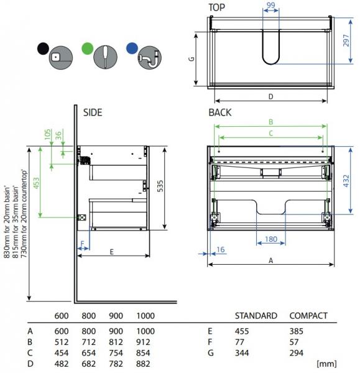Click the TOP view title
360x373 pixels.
[x=216, y=7]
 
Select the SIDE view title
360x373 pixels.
[x=93, y=113]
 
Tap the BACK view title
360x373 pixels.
[x=220, y=113]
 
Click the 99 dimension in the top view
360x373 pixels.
[x=270, y=5]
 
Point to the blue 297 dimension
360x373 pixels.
[x=346, y=40]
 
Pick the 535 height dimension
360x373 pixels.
[x=160, y=186]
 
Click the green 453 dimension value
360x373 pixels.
[x=37, y=183]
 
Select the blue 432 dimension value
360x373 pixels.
[x=346, y=181]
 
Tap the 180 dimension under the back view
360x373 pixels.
[x=271, y=239]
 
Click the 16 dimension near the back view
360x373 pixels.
[x=221, y=249]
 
